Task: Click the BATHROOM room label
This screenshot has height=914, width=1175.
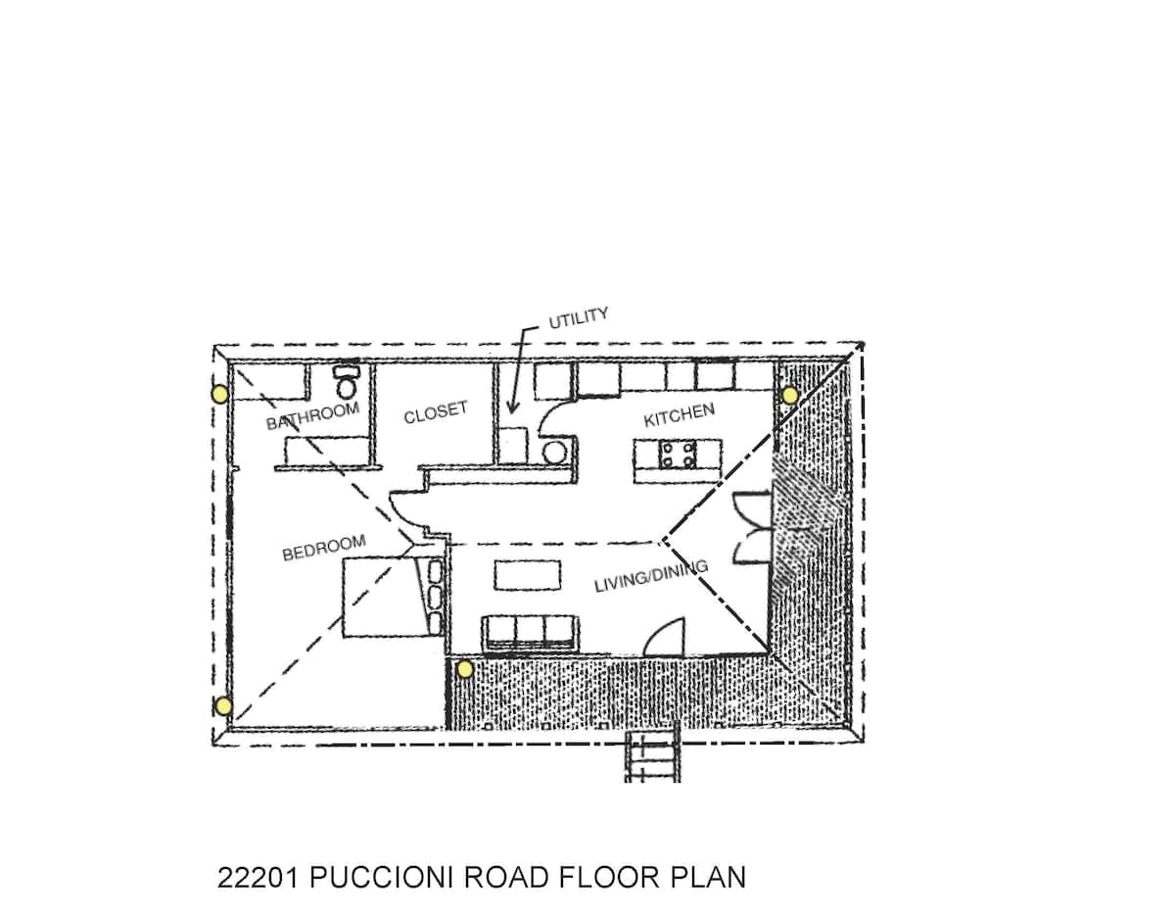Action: [312, 415]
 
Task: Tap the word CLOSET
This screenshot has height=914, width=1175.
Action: [436, 412]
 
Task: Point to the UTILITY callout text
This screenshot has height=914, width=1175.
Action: [578, 318]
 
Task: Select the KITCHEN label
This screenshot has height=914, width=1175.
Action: [680, 414]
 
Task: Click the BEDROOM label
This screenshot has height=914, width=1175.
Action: [324, 548]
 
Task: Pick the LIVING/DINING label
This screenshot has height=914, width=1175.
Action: [651, 576]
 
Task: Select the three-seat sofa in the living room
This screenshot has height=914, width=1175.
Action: [530, 632]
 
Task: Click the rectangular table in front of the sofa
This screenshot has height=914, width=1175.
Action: [527, 575]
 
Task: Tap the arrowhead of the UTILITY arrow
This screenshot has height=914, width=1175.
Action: [510, 412]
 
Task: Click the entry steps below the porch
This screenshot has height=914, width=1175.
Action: [652, 757]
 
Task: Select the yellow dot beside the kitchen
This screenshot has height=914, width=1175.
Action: [790, 396]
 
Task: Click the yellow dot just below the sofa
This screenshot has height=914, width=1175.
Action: [464, 669]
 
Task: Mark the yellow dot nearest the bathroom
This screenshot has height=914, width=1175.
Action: [220, 394]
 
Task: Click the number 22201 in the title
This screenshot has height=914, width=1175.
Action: [258, 877]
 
